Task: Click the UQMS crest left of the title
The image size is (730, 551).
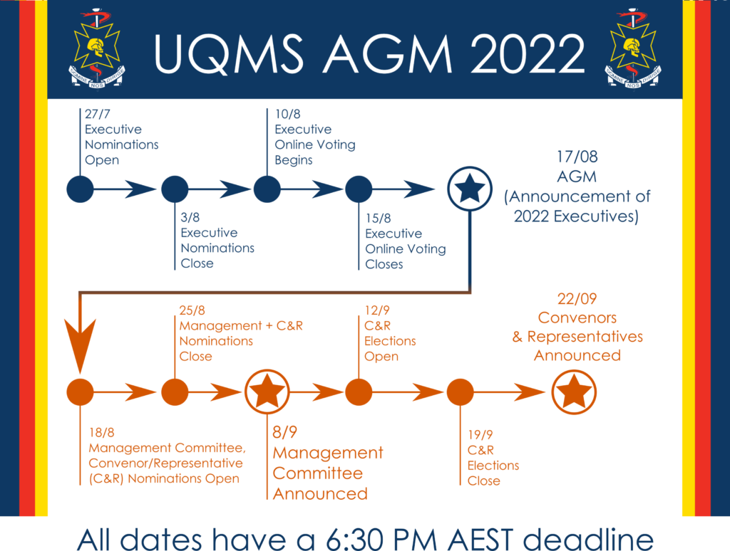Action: click(97, 48)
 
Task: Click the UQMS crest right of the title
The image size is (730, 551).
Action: click(633, 48)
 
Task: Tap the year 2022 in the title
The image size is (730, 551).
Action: click(527, 54)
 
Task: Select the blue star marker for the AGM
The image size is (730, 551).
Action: click(470, 189)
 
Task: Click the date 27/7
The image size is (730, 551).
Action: click(97, 114)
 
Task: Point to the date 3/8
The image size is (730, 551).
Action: click(190, 217)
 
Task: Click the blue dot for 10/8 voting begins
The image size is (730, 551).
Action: click(267, 189)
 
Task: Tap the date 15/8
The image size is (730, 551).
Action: click(378, 218)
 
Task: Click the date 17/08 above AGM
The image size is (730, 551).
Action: click(577, 157)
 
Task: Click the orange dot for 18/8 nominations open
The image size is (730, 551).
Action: click(80, 392)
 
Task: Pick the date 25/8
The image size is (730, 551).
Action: click(192, 310)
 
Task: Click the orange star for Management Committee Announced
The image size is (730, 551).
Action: click(267, 392)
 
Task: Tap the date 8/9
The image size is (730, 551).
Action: click(285, 432)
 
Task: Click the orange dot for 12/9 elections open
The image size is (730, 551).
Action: click(359, 392)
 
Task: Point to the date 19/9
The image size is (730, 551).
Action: click(480, 435)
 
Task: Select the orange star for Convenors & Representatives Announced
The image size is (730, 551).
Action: click(574, 392)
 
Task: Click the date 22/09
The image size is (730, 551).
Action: click(577, 298)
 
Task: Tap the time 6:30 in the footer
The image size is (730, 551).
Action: click(355, 540)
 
